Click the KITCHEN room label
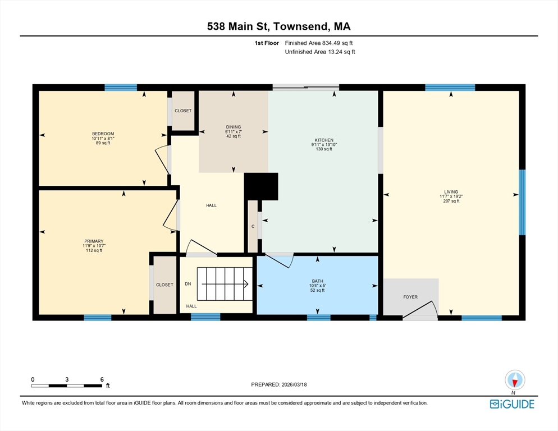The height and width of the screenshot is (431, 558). [324, 140]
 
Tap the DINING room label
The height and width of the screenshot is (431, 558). [234, 127]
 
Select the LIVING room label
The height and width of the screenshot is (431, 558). [451, 192]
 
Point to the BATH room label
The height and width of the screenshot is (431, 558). [317, 281]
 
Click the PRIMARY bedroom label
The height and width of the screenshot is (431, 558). [94, 241]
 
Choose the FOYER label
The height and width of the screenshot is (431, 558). [410, 297]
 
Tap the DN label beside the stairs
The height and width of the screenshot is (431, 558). [188, 283]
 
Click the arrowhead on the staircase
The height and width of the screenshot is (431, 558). [246, 283]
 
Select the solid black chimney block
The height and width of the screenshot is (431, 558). [261, 186]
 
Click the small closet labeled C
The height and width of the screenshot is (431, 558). [253, 226]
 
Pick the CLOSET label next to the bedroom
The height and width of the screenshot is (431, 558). [183, 111]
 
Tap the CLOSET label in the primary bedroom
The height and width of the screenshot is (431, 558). [164, 285]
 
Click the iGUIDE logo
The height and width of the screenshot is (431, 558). [512, 404]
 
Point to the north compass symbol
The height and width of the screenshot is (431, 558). [515, 380]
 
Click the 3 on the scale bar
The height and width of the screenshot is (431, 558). [67, 380]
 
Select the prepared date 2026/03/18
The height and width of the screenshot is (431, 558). [294, 384]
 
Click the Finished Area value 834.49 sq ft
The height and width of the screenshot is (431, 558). [337, 43]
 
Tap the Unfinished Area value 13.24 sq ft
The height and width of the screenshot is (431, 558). [341, 52]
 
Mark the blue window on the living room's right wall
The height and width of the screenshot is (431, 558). [522, 203]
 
